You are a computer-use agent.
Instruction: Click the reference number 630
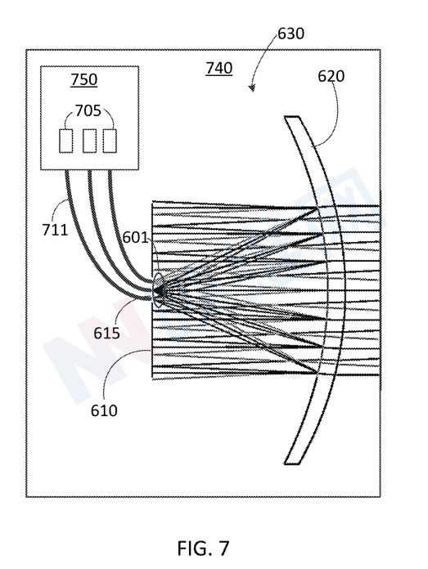[291, 34]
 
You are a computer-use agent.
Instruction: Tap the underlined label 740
[219, 68]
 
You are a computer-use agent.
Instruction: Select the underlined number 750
[84, 79]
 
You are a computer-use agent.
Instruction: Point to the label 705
[88, 110]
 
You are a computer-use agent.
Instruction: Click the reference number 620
[331, 76]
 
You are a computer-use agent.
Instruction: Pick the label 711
[55, 230]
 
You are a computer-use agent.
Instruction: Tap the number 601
[136, 238]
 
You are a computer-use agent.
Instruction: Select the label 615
[107, 333]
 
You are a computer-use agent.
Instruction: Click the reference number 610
[104, 410]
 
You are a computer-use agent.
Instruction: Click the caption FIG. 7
[204, 549]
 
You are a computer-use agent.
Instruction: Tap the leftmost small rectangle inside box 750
[65, 141]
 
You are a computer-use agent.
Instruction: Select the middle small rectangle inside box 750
[89, 141]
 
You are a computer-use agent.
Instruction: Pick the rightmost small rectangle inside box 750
[110, 141]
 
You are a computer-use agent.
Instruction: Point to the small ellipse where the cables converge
[159, 290]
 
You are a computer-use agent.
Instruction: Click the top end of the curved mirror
[292, 117]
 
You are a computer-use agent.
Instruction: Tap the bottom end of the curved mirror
[292, 464]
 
